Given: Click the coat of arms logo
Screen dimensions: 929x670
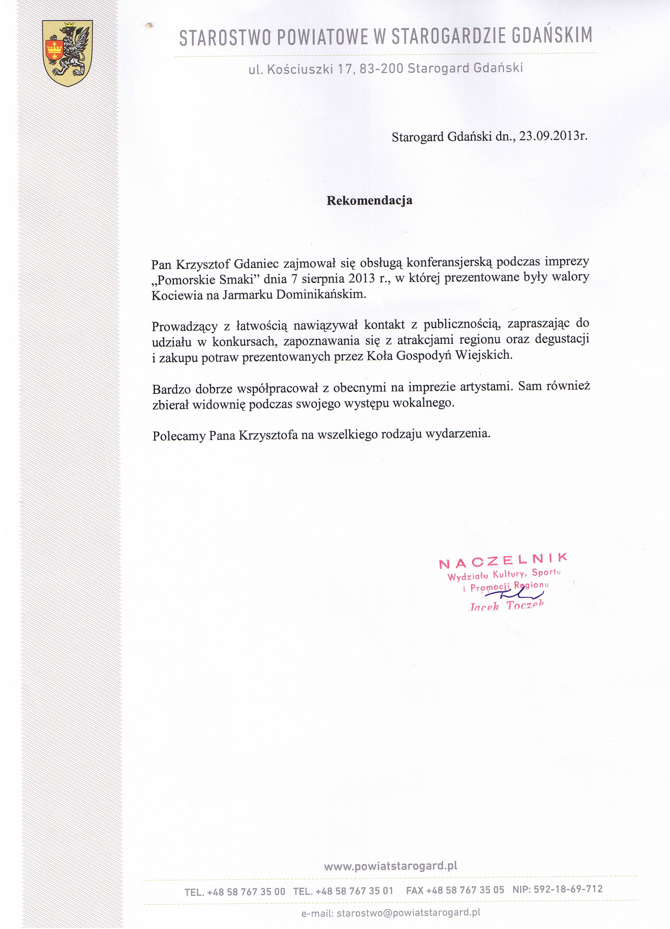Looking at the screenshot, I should point(68,54).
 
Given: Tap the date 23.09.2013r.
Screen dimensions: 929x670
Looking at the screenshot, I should point(553,136).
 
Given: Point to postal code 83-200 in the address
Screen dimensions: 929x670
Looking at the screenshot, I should point(381,69).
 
